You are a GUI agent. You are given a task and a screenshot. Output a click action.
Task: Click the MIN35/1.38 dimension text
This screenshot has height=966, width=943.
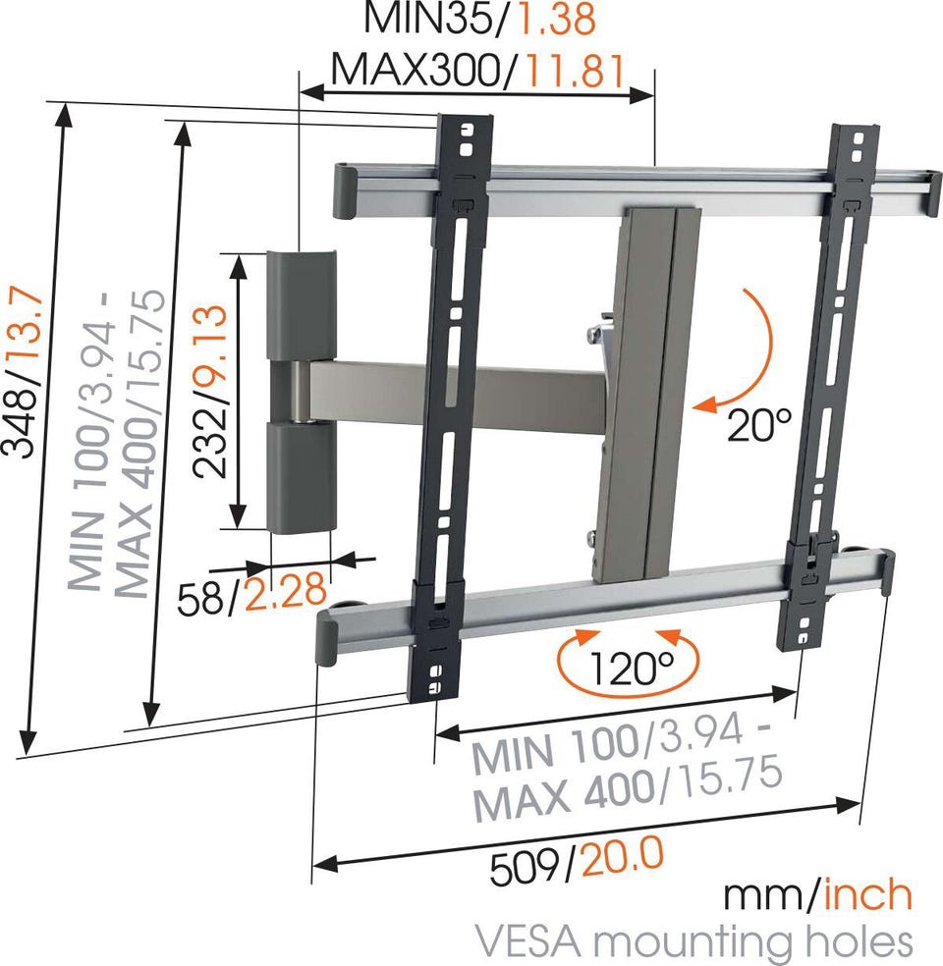[480, 19]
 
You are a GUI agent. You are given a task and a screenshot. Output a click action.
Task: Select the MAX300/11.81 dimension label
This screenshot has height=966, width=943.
[478, 70]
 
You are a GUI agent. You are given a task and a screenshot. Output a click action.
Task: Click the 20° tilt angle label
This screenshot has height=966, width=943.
[758, 424]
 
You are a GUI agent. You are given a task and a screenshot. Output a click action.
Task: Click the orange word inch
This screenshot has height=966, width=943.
[867, 895]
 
